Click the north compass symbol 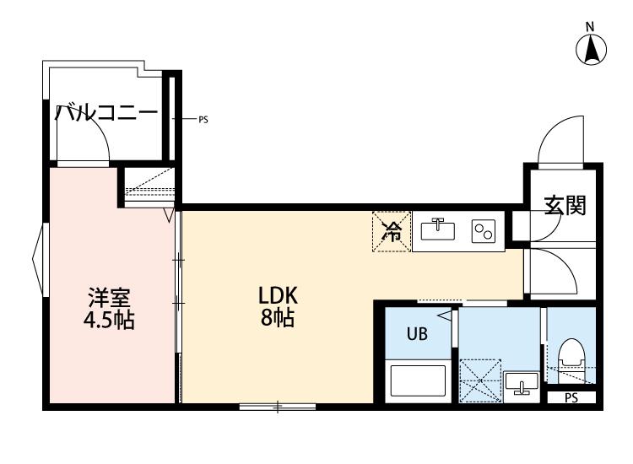tap(592, 50)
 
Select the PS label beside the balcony tap(203, 120)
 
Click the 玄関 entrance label tap(564, 205)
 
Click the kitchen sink tap(439, 229)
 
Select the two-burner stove tap(484, 230)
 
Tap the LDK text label tap(279, 296)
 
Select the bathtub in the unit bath tap(419, 380)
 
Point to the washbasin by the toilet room tap(522, 384)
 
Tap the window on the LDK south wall tap(277, 407)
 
